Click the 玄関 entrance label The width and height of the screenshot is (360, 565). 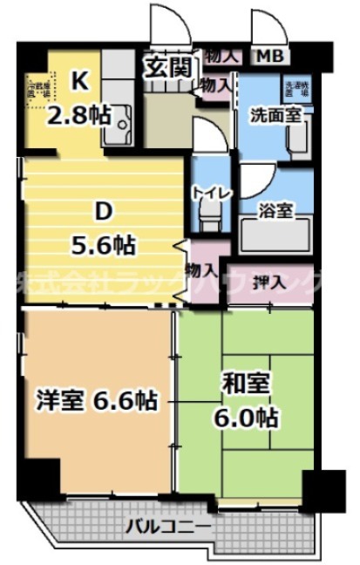click(168, 67)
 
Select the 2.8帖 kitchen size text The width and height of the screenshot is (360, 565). click(79, 114)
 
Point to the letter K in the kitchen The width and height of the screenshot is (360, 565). click(79, 82)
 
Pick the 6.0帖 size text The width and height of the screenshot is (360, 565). click(248, 417)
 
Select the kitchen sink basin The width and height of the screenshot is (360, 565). click(117, 125)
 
